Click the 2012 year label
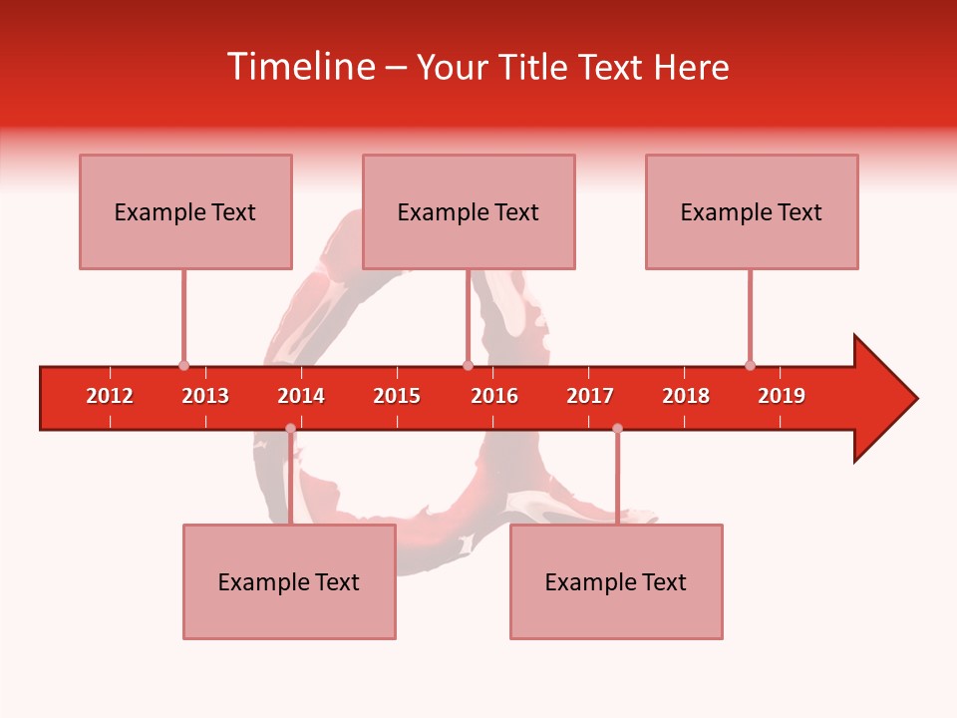(110, 396)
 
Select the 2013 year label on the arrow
(205, 396)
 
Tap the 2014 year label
(301, 396)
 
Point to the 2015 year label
(397, 396)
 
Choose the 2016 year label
(494, 396)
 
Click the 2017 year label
(590, 396)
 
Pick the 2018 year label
(686, 396)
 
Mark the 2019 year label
(782, 396)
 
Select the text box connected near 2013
(185, 211)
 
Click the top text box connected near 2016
(469, 211)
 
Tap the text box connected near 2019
(752, 211)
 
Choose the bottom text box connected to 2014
(289, 581)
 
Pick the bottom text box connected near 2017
(616, 581)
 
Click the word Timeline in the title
(300, 67)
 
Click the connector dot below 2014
(290, 428)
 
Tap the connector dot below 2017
(617, 428)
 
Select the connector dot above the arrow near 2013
(183, 365)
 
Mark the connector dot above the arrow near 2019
(750, 365)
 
